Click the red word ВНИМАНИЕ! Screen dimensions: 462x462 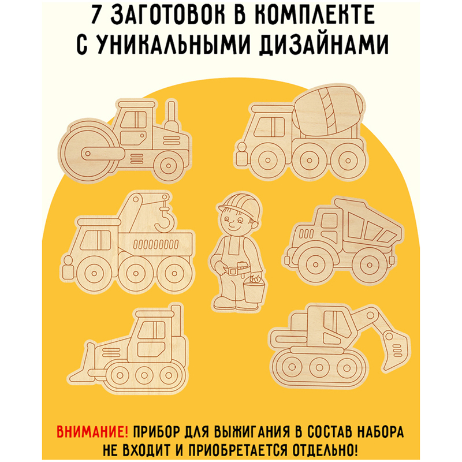tap(92, 432)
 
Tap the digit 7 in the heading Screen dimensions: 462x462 tap(96, 15)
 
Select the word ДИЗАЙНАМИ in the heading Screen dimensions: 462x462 tap(324, 45)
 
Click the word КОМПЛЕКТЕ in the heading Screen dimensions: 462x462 tap(314, 15)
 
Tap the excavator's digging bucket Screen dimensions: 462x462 tap(394, 349)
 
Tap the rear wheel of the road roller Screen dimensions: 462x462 tap(169, 166)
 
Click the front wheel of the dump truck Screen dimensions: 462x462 tap(315, 265)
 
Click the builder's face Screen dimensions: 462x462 tap(234, 222)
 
